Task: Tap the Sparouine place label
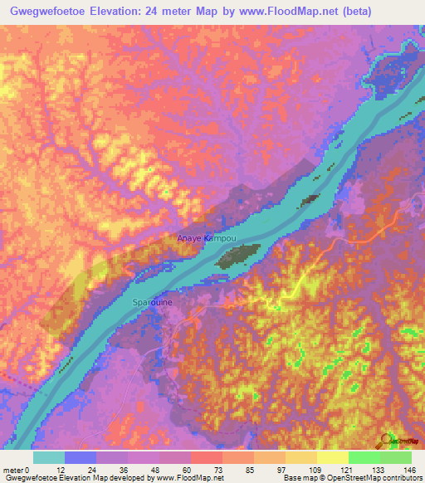pos(153,303)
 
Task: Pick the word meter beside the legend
pos(14,469)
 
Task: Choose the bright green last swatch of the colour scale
pos(395,457)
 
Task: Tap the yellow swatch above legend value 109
pos(300,457)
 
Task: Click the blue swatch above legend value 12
pos(80,457)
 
